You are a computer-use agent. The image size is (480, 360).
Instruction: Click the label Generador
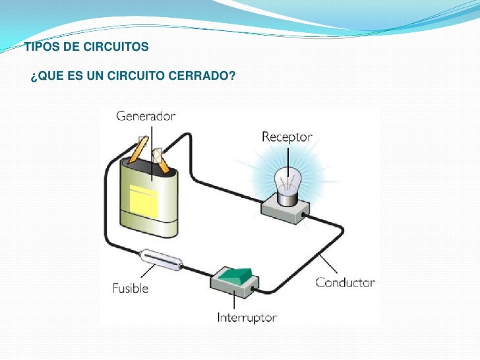click(146, 116)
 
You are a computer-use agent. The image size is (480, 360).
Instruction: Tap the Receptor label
click(286, 137)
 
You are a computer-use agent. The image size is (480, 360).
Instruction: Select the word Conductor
click(345, 283)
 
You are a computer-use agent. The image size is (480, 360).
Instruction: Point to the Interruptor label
click(247, 318)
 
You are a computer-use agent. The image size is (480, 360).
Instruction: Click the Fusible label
click(130, 288)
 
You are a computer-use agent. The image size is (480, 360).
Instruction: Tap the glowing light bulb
click(288, 185)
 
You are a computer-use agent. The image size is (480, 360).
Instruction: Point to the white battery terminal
click(158, 156)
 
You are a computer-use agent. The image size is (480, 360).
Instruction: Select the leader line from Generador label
click(151, 148)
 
